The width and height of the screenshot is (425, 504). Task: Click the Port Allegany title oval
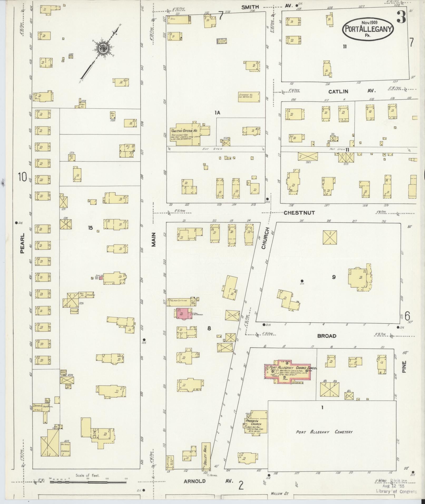coord(368,28)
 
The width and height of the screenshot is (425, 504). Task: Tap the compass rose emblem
coord(102,48)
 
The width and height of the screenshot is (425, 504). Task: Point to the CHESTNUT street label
coord(299,213)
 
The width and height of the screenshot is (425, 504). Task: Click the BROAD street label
coord(326,336)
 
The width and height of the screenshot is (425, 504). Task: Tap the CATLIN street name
coord(338,92)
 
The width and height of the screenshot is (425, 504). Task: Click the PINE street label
coord(404,366)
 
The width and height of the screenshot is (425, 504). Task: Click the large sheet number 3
coord(401,18)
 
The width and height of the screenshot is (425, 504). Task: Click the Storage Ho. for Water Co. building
coord(249,97)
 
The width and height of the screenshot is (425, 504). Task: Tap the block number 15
coord(90,228)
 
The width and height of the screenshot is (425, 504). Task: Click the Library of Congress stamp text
coord(397,491)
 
